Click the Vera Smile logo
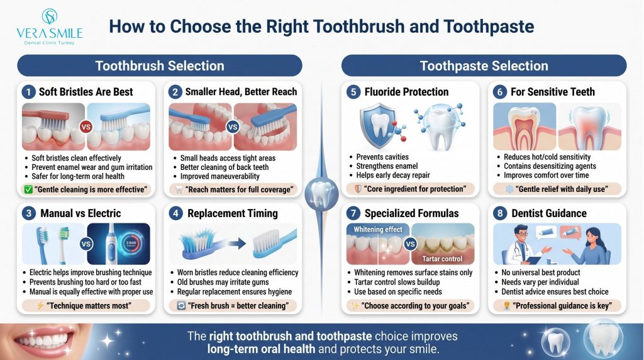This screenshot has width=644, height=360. [x=50, y=26]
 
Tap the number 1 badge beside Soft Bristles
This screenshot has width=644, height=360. [x=28, y=92]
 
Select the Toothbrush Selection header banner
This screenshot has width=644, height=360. [x=160, y=65]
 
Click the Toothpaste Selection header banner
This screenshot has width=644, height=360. [x=484, y=65]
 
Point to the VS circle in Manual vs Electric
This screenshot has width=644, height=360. [x=86, y=244]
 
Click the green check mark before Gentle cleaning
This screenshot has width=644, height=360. [x=28, y=189]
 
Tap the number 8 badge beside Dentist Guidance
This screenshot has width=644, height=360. [x=500, y=213]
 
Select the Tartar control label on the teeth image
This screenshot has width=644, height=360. [x=442, y=259]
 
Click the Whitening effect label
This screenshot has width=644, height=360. [x=378, y=229]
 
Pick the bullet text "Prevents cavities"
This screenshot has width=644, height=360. [x=382, y=157]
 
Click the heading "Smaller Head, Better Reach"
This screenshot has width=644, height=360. [x=241, y=92]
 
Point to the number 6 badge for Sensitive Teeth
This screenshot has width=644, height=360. [x=500, y=92]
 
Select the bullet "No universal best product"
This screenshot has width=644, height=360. [x=540, y=273]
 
